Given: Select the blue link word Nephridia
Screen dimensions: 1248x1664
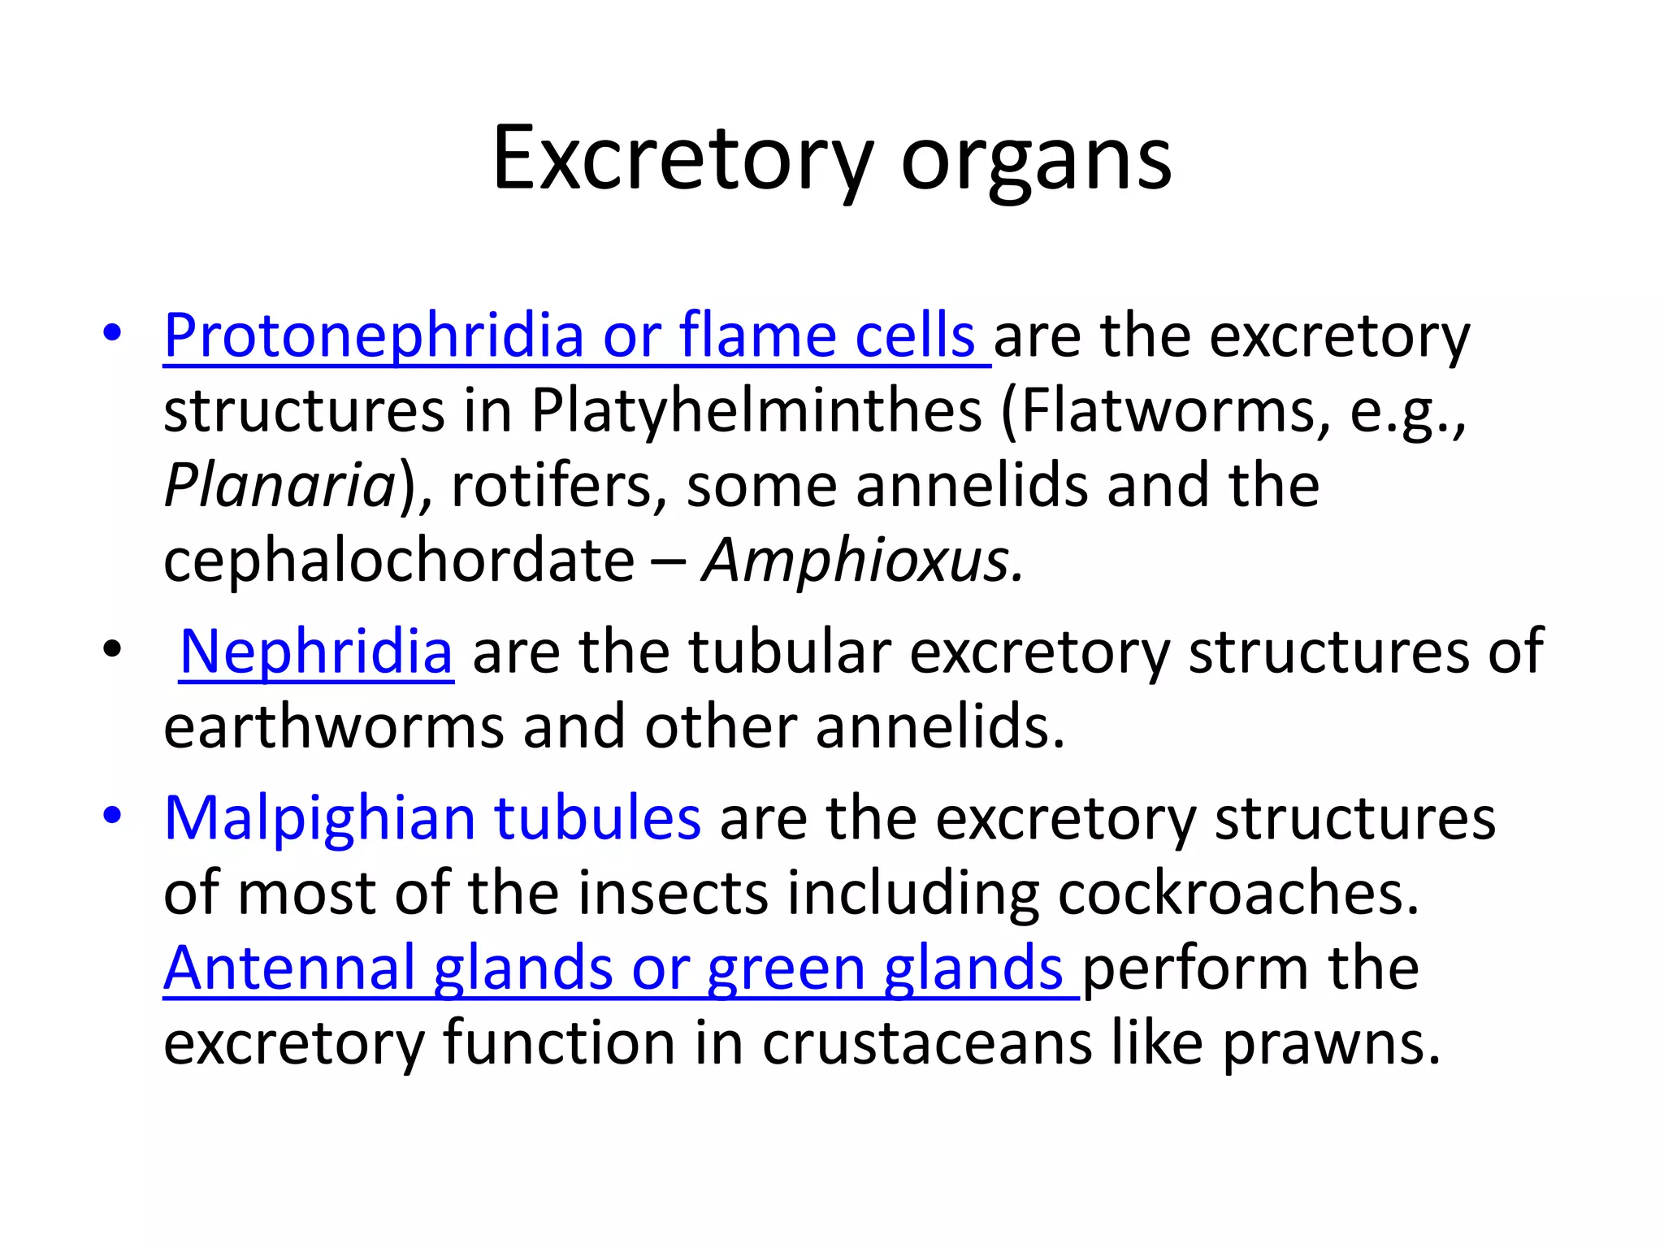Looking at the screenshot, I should click(316, 652).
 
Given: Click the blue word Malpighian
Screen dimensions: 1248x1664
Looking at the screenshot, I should click(318, 818).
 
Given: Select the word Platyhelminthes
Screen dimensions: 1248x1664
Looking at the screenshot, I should click(756, 410).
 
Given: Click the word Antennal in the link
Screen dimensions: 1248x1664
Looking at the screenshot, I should click(289, 968).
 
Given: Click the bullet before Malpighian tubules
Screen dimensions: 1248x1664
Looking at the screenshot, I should click(112, 815).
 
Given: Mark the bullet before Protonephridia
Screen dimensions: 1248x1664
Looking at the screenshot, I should click(112, 332).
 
